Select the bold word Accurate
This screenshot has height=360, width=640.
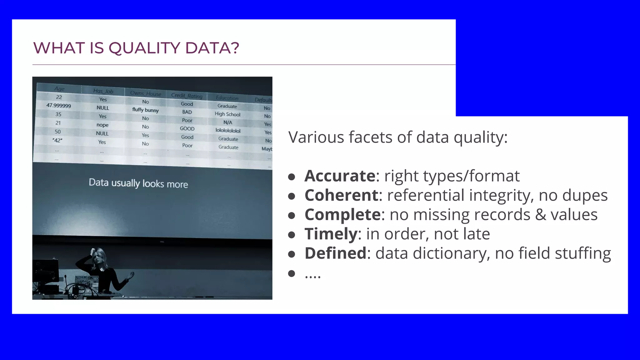340,176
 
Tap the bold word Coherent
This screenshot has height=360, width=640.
342,195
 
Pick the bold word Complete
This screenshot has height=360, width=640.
342,215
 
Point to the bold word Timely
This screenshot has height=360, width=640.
331,234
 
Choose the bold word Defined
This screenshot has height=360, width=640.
335,253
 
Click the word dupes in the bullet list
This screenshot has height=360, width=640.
585,195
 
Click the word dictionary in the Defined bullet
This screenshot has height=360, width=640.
448,253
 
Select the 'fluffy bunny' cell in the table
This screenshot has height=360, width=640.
145,110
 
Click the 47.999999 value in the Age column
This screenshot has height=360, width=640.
58,106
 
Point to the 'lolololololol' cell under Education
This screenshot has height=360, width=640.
228,131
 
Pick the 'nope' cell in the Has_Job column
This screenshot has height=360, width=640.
102,125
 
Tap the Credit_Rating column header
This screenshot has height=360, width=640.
187,96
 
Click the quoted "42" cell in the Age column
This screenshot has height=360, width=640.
57,141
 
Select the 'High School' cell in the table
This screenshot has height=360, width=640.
227,114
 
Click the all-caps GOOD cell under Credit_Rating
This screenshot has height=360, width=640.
187,129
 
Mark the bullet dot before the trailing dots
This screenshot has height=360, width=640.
292,274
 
